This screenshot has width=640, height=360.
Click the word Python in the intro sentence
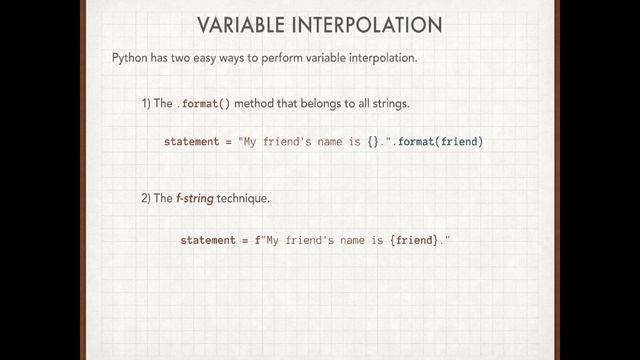tap(130, 58)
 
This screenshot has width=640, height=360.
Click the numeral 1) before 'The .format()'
tap(146, 104)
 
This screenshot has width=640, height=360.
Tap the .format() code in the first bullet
tap(205, 104)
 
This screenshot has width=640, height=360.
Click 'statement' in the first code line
tap(191, 142)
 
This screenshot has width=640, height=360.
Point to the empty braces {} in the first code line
tap(373, 142)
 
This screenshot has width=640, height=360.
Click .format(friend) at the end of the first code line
tap(440, 142)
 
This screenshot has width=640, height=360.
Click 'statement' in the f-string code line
tap(207, 241)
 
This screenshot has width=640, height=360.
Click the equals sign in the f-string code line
tap(246, 241)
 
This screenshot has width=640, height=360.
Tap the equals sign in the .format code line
tap(229, 142)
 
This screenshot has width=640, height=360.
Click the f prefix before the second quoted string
tap(258, 241)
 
